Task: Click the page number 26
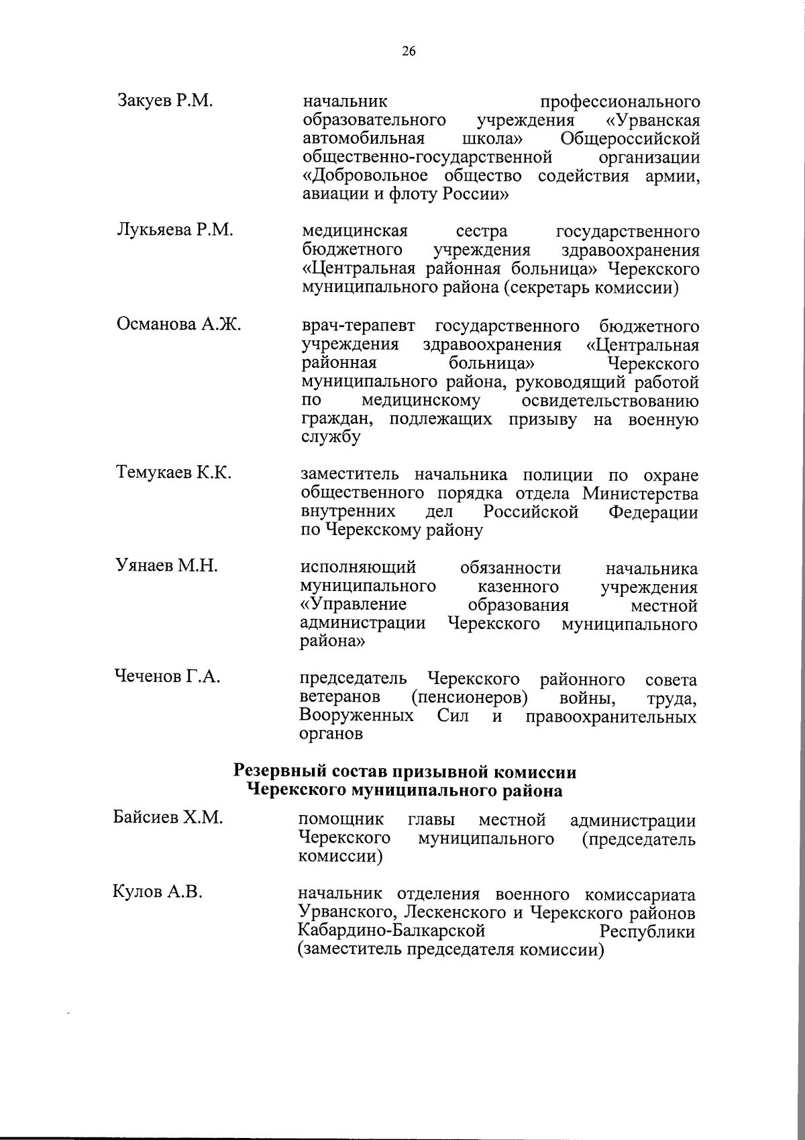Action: pyautogui.click(x=409, y=51)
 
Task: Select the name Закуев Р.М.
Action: pyautogui.click(x=165, y=101)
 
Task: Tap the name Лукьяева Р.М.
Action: pyautogui.click(x=175, y=230)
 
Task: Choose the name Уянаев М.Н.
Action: pyautogui.click(x=167, y=566)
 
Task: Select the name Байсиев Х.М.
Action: pyautogui.click(x=168, y=818)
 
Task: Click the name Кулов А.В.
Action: pyautogui.click(x=158, y=893)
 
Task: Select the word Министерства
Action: pyautogui.click(x=640, y=494)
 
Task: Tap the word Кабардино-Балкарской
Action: pyautogui.click(x=391, y=932)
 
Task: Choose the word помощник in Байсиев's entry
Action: pyautogui.click(x=341, y=820)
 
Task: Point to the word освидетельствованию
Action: pyautogui.click(x=609, y=401)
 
